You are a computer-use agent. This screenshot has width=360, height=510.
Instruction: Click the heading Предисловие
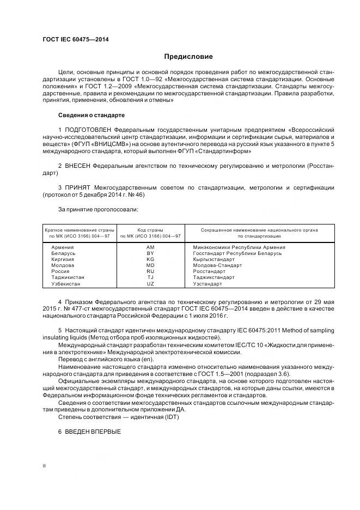click(x=188, y=57)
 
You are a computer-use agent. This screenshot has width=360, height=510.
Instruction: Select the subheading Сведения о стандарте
click(x=91, y=116)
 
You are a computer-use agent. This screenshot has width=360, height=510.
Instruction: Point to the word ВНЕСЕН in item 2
click(x=77, y=165)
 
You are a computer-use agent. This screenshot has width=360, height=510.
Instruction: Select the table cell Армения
click(x=63, y=247)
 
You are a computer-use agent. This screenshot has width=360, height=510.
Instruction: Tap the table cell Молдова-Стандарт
click(x=217, y=266)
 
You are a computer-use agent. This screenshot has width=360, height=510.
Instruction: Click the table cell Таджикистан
click(x=68, y=278)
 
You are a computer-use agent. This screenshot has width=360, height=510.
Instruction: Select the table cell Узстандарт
click(x=208, y=284)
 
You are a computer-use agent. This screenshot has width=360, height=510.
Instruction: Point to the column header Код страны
click(x=150, y=230)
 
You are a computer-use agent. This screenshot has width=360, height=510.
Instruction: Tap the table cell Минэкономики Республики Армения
click(x=239, y=247)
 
